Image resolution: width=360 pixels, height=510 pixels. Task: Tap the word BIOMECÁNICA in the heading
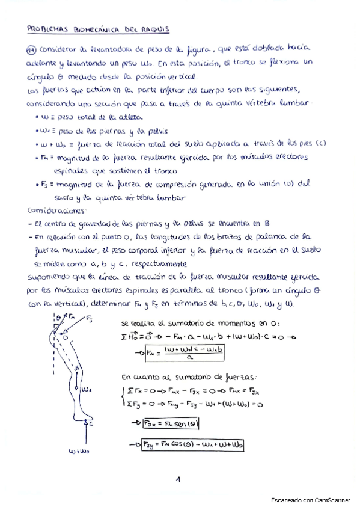coord(94,28)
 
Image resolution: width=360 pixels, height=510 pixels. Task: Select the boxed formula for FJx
coord(172,423)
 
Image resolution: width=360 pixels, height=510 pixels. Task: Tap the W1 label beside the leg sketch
coord(87,390)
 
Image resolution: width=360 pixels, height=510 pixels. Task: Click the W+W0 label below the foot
coord(79,449)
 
